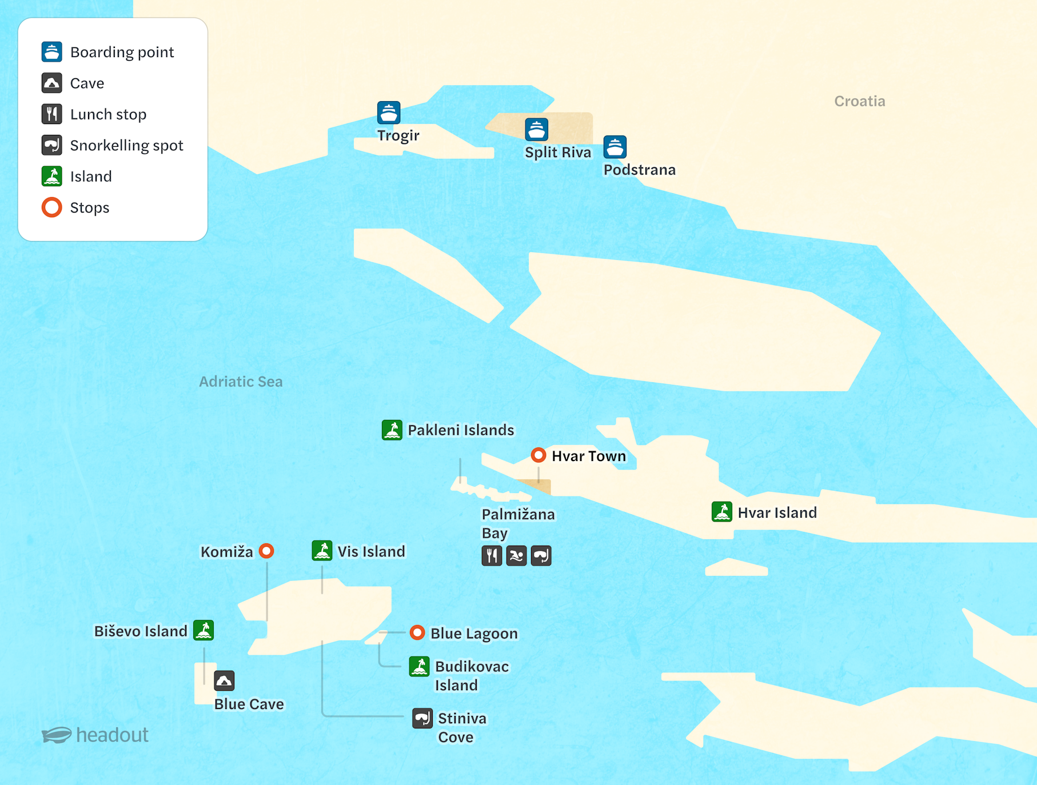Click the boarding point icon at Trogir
389,113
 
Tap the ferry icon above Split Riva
536,130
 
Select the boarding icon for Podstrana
615,147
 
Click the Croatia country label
859,101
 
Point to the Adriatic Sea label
241,381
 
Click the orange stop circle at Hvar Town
538,455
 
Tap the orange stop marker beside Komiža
266,551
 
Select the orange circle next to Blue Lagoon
417,632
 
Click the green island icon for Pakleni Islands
392,430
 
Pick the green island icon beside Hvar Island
722,512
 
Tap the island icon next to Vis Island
322,551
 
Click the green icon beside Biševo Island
204,630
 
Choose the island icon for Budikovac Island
420,666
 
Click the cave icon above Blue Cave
224,680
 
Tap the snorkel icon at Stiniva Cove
422,718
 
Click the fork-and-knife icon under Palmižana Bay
492,555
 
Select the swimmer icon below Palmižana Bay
516,555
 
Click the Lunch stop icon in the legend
51,114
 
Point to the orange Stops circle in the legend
51,207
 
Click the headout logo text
112,735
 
